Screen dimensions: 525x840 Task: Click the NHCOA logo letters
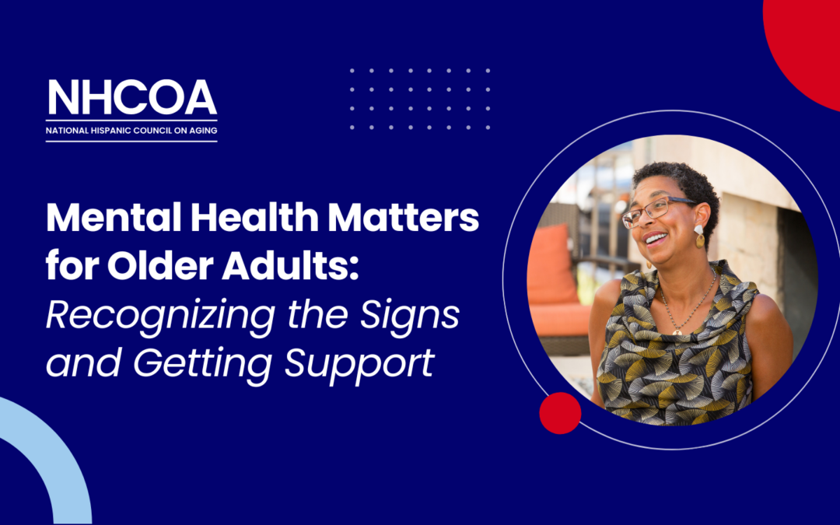point(131,97)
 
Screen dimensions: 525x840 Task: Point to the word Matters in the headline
point(407,219)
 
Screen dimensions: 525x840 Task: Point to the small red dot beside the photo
point(560,413)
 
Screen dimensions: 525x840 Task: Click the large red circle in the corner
point(809,39)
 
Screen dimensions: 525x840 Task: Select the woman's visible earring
point(698,236)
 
